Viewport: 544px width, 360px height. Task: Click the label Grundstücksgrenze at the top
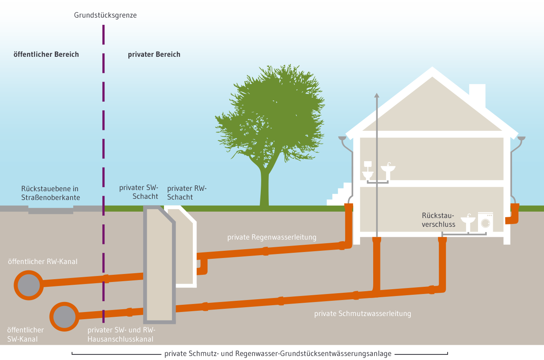105,15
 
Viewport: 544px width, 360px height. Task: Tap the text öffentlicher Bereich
46,54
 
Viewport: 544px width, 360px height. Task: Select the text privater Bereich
154,54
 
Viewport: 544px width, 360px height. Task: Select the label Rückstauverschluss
438,220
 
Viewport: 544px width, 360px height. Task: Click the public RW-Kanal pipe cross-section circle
29,285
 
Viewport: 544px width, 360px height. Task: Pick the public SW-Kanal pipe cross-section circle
64,316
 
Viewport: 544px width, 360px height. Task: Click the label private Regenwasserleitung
272,237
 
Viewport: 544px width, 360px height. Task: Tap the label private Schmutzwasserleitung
362,314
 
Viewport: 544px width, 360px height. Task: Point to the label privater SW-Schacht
139,192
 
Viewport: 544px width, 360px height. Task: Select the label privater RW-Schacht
186,193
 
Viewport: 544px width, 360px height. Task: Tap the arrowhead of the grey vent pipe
376,95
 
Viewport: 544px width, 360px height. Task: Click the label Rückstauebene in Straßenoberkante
50,193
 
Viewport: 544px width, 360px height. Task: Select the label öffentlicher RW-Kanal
43,262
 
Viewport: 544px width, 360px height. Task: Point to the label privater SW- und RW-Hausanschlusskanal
121,334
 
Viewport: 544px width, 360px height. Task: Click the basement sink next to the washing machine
468,220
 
